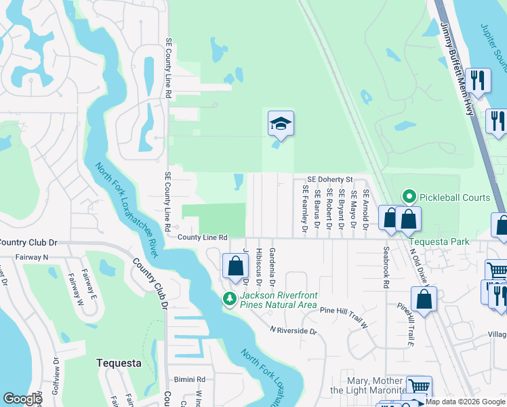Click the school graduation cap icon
[281, 124]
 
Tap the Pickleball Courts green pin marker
[409, 197]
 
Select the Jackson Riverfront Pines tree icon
[230, 298]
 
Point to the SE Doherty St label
[330, 180]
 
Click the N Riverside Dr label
[293, 330]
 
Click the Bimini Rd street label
[189, 380]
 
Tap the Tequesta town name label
[119, 363]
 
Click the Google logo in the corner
[23, 399]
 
